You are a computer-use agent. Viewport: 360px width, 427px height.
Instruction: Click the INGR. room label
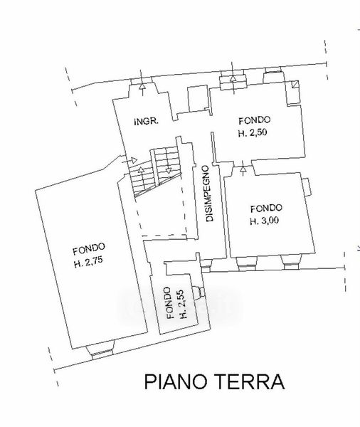click(x=147, y=121)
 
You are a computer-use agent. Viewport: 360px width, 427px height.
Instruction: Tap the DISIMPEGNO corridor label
click(x=209, y=194)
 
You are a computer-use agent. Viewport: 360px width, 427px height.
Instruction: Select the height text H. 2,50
click(x=253, y=133)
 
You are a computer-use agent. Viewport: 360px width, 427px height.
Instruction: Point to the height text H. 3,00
click(x=265, y=221)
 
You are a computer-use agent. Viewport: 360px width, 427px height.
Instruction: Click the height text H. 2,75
click(x=88, y=261)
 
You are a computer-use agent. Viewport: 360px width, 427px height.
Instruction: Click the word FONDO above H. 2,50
click(x=254, y=120)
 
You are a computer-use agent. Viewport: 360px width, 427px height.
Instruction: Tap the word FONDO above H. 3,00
click(x=266, y=209)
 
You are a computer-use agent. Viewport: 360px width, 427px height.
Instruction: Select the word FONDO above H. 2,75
click(x=89, y=248)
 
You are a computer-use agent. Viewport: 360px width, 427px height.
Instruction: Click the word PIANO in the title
click(x=175, y=381)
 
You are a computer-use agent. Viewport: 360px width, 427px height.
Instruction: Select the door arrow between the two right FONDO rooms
click(x=243, y=168)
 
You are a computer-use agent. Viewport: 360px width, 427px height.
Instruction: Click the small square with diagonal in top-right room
click(x=295, y=84)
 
